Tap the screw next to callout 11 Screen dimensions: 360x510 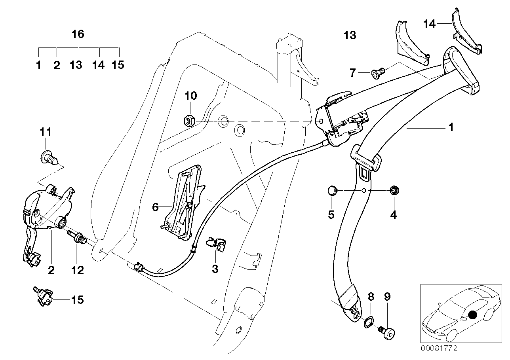[48, 159]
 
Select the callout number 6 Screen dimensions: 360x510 [155, 207]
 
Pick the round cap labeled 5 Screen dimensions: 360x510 [332, 192]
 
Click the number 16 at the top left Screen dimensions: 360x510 [78, 34]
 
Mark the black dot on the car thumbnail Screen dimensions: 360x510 [472, 315]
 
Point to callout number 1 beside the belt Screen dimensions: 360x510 [450, 127]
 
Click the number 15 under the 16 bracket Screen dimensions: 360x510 [118, 65]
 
